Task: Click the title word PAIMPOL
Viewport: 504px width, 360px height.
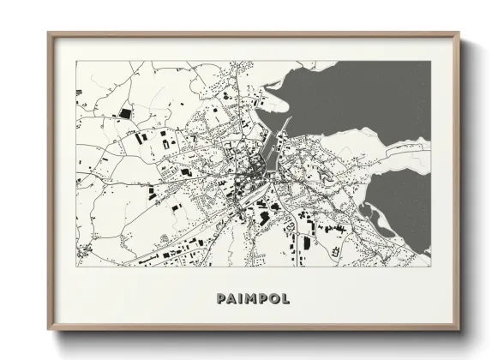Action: click(253, 298)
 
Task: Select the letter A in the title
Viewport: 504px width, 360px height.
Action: click(231, 298)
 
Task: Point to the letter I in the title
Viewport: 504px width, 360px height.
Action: click(241, 298)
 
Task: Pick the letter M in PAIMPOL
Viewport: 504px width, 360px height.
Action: click(250, 298)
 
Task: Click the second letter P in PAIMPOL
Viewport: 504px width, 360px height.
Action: click(262, 298)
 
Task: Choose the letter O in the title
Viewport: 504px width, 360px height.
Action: click(273, 298)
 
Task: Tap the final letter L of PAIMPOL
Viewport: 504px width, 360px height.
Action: click(285, 298)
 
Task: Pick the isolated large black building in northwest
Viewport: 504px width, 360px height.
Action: click(126, 112)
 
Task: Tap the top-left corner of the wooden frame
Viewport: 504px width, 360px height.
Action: click(50, 34)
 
